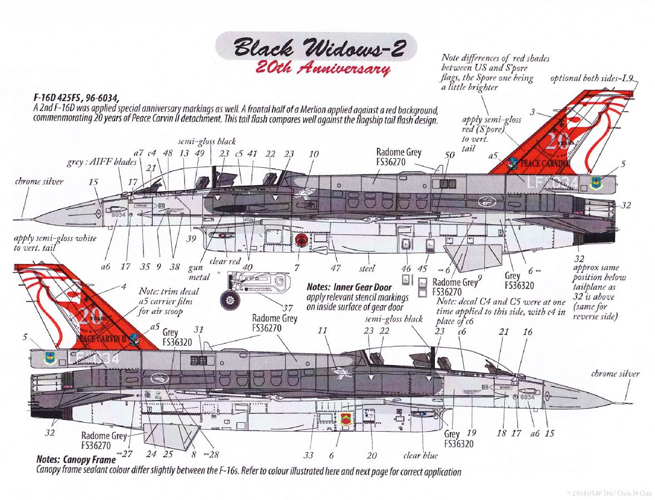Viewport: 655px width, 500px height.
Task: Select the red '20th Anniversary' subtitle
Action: pyautogui.click(x=322, y=69)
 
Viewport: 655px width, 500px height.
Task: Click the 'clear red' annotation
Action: pyautogui.click(x=225, y=261)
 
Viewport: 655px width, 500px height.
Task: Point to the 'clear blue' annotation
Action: pyautogui.click(x=420, y=456)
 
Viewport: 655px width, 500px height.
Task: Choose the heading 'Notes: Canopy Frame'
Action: pyautogui.click(x=76, y=460)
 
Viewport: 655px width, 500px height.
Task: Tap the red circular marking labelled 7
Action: pyautogui.click(x=302, y=241)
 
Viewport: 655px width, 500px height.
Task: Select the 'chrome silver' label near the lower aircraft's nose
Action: pyautogui.click(x=616, y=374)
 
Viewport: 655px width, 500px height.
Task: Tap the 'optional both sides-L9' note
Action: pyautogui.click(x=591, y=78)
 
